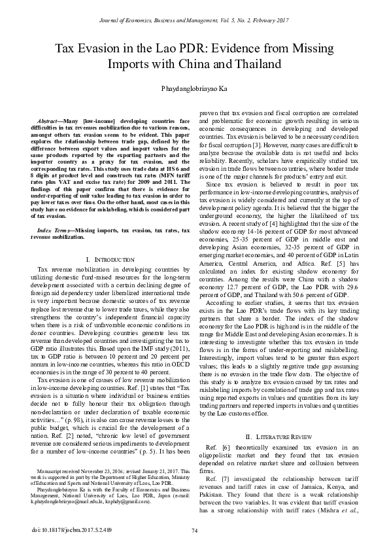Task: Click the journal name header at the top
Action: point(194,9)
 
